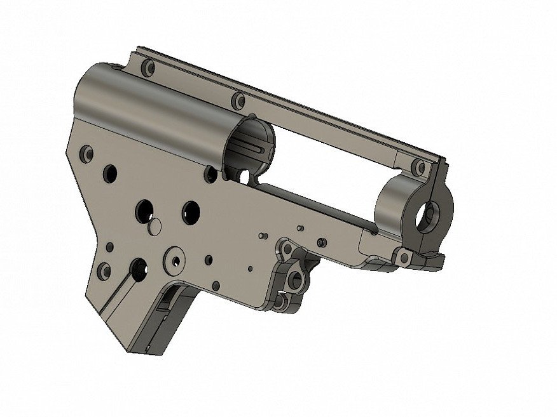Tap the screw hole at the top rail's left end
(x=148, y=67)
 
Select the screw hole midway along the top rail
(x=238, y=100)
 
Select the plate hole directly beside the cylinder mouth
(x=210, y=171)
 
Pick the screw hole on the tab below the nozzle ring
(x=402, y=257)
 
